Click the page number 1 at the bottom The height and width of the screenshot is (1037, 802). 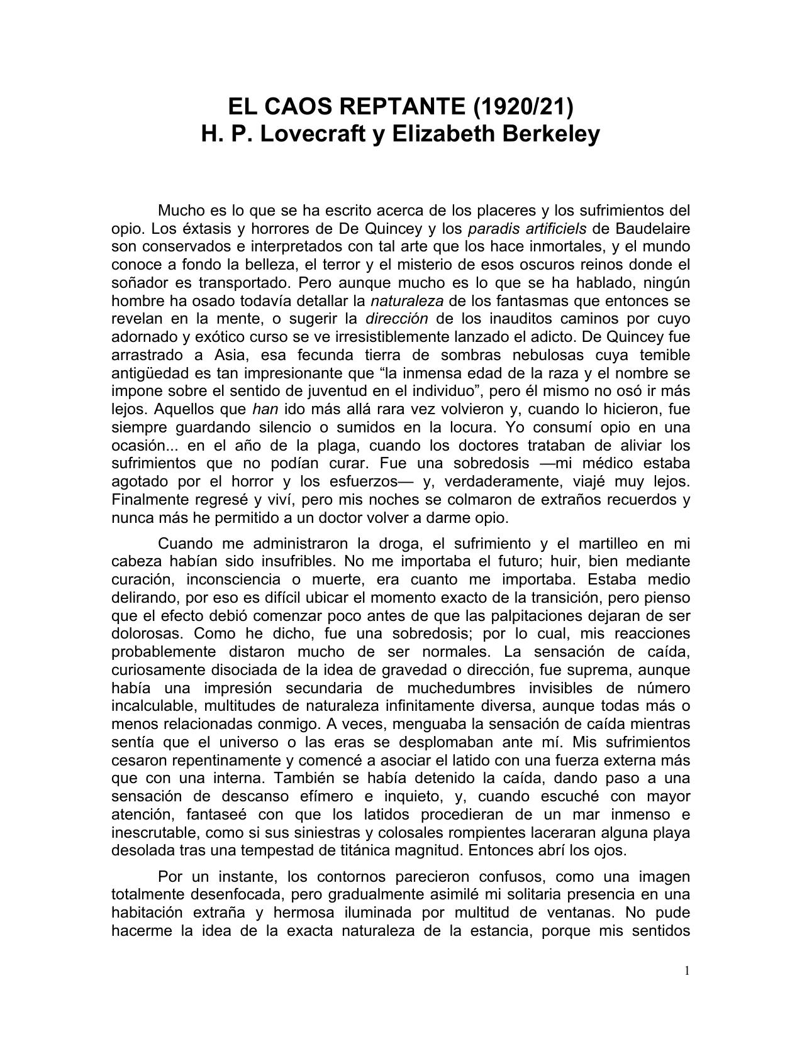pos(687,971)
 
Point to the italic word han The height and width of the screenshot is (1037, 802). pos(265,409)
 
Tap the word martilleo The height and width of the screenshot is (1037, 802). pos(606,543)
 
